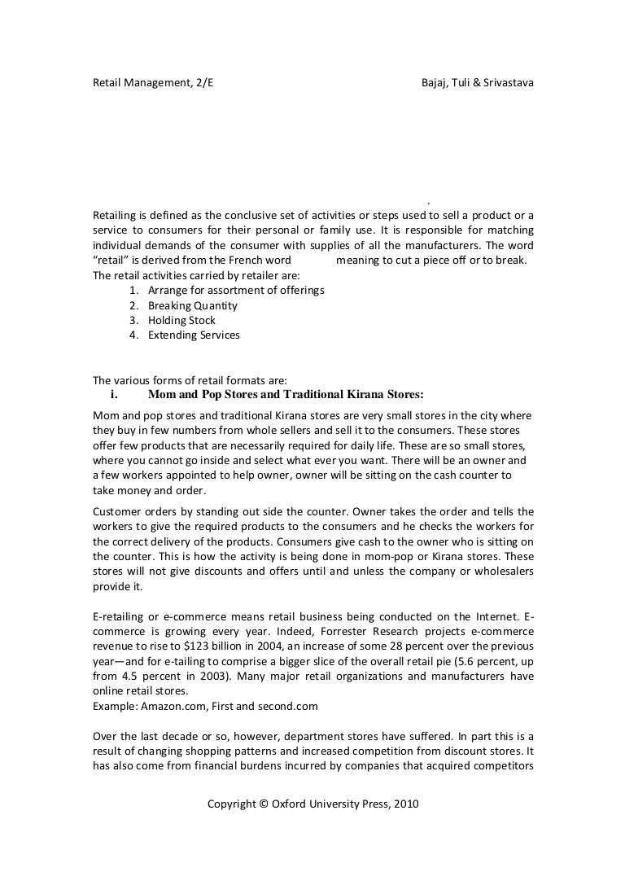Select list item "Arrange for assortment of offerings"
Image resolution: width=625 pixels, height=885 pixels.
(236, 291)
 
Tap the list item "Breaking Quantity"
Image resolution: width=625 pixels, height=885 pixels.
(193, 305)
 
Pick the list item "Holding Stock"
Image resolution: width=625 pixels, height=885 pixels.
(181, 320)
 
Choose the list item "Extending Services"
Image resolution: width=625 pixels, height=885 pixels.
(194, 335)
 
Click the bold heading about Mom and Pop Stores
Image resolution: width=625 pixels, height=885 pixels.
(286, 396)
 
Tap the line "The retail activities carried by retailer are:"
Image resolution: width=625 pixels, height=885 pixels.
(196, 276)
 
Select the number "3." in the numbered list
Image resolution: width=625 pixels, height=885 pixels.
(133, 320)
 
